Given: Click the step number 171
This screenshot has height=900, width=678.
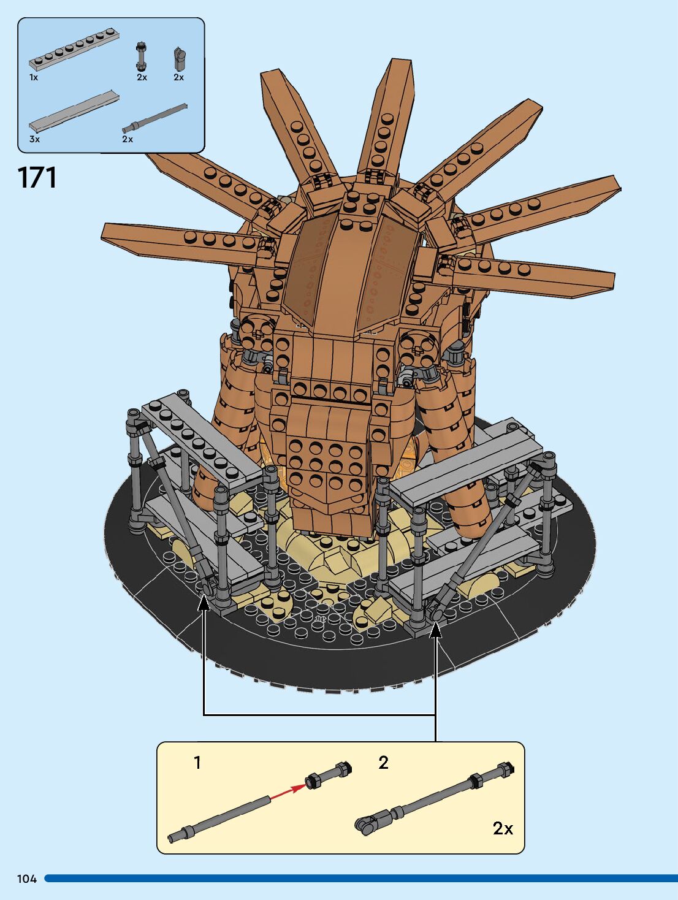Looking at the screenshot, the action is (x=37, y=178).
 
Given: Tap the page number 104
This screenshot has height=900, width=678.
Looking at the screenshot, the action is (x=27, y=879).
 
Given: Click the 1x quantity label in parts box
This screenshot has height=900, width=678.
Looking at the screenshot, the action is (x=34, y=78).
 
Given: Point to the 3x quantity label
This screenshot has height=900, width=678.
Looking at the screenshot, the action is (x=34, y=140).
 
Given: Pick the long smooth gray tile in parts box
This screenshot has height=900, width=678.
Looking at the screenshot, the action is (x=74, y=111).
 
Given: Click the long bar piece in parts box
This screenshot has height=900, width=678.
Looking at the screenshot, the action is (x=154, y=118).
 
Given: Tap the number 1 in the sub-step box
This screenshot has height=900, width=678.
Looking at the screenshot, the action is (x=197, y=763).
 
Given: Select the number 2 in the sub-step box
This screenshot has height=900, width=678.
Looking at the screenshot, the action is (x=383, y=763).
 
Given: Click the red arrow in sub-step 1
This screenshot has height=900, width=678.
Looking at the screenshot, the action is (x=288, y=791).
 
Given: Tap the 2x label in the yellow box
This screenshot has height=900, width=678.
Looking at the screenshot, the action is (x=503, y=828).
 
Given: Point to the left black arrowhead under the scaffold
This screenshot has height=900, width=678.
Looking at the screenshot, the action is (x=204, y=603).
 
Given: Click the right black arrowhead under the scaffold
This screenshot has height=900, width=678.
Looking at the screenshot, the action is (x=435, y=630).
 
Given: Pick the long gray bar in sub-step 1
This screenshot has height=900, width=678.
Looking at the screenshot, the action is (x=221, y=818).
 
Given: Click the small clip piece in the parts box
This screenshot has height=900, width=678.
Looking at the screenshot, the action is (x=179, y=59).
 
